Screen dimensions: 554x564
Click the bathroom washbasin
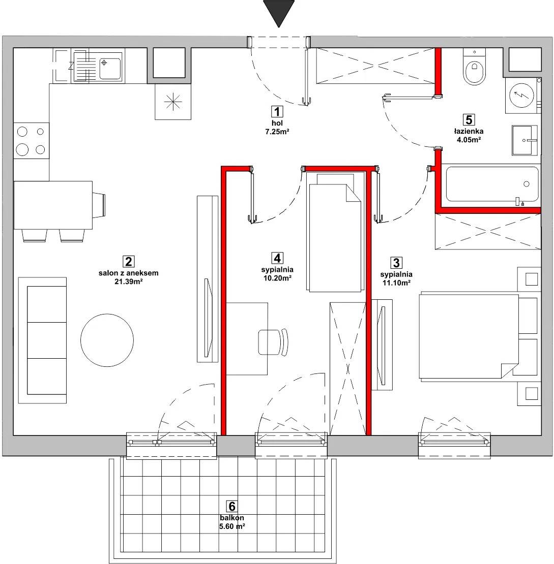[x=525, y=140]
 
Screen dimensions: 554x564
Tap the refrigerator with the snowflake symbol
[x=173, y=102]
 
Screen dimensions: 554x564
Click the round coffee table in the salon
[x=107, y=340]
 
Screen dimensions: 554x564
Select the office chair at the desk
[x=274, y=341]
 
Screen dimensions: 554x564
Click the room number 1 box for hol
[x=277, y=112]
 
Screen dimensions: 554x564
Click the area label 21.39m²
[x=129, y=281]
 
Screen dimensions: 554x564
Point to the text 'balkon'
[x=231, y=518]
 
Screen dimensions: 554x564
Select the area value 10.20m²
[x=277, y=278]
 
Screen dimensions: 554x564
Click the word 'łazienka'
[x=469, y=132]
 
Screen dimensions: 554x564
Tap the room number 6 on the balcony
[x=231, y=507]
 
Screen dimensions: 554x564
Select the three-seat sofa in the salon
[x=43, y=340]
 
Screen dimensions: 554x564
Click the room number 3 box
[x=396, y=263]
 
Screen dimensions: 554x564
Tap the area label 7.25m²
[x=277, y=132]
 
